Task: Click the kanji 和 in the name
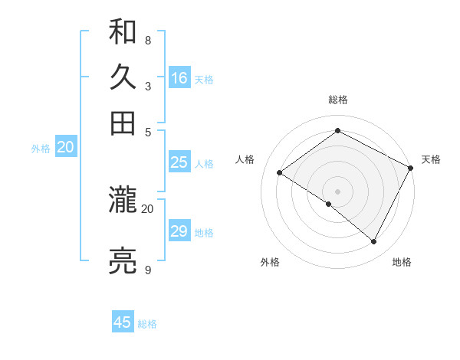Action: (x=123, y=32)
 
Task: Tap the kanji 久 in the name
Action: (x=123, y=77)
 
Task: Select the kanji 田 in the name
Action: (x=123, y=123)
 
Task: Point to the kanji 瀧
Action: (x=123, y=201)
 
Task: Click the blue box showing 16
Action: (x=179, y=78)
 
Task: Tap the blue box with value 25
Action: (x=179, y=162)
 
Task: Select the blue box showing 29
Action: (x=179, y=231)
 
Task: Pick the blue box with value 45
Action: (x=123, y=322)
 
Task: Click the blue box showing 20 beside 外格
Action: (x=65, y=148)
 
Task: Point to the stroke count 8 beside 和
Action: (x=147, y=40)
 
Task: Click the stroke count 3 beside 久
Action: (x=147, y=87)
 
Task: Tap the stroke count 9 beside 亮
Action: (x=147, y=270)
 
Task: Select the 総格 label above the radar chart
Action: (x=338, y=100)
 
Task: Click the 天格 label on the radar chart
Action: (x=431, y=159)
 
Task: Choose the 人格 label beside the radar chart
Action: (x=245, y=159)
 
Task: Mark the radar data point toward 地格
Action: (x=374, y=242)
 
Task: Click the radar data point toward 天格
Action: (x=411, y=168)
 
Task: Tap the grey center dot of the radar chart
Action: (x=337, y=191)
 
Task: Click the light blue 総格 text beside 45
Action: (x=147, y=324)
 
